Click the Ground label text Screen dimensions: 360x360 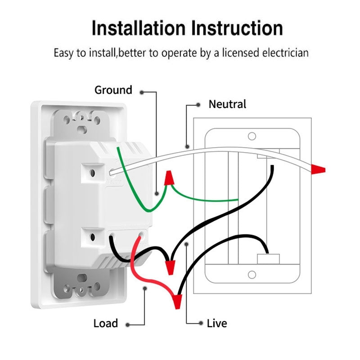(x=113, y=90)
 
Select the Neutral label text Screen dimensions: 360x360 (x=227, y=104)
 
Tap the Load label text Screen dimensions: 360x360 (x=106, y=323)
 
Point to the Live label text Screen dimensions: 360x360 (x=217, y=323)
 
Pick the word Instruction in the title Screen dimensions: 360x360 (x=237, y=28)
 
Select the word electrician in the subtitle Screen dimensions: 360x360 (x=283, y=53)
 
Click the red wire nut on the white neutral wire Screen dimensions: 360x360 (x=318, y=170)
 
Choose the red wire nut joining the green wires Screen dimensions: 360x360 (x=170, y=178)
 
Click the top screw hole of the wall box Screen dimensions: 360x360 (x=252, y=136)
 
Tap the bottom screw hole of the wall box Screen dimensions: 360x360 (x=252, y=274)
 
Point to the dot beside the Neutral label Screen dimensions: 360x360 (x=198, y=105)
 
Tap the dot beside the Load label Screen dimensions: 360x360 (x=128, y=324)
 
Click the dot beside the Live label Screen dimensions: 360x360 (x=200, y=323)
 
